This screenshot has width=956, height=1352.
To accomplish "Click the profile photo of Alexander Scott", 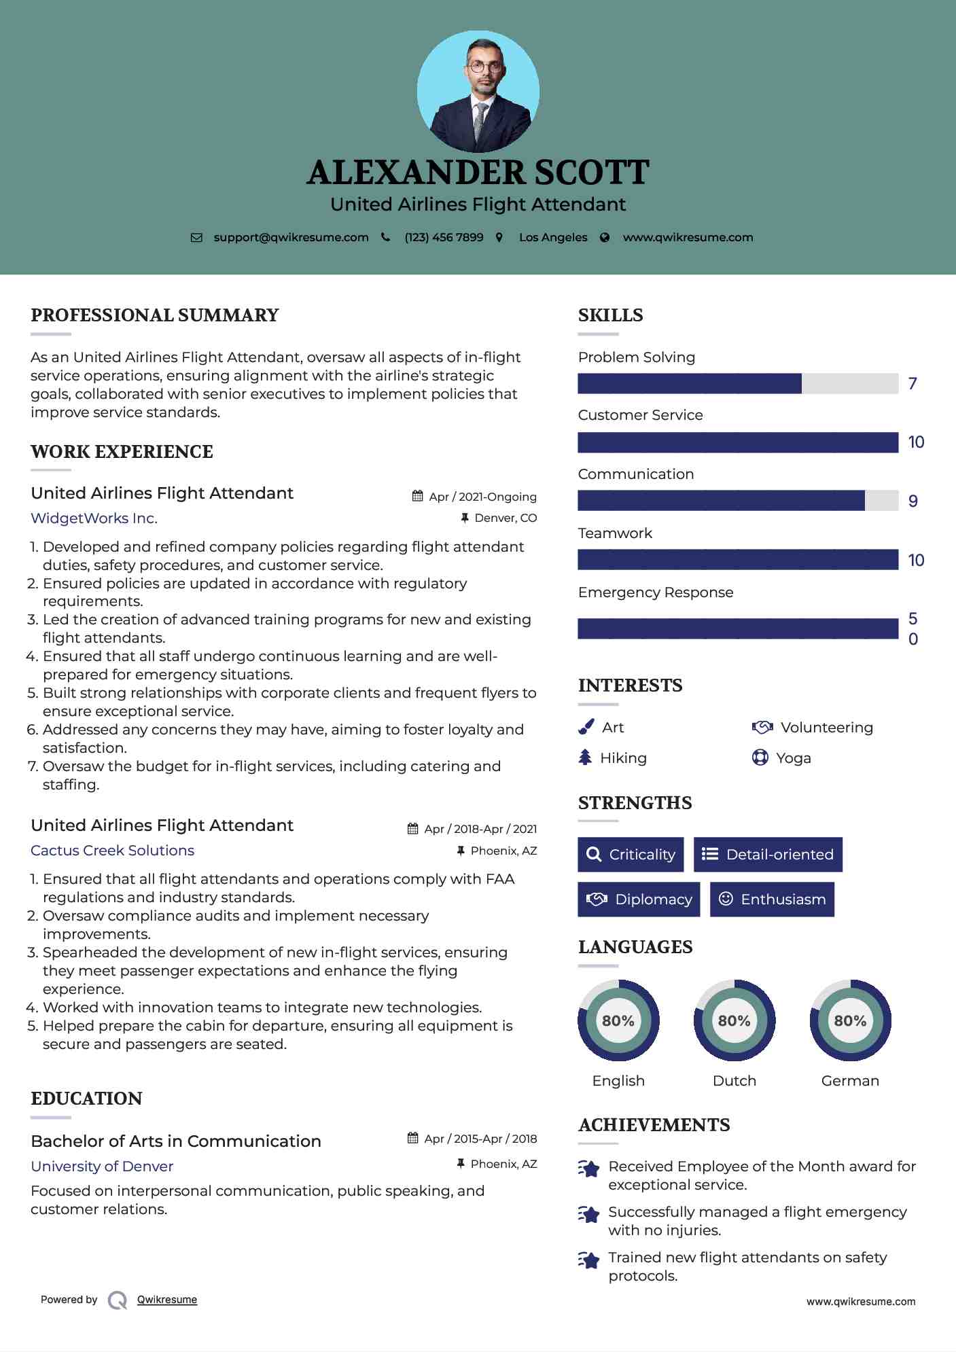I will click(x=478, y=92).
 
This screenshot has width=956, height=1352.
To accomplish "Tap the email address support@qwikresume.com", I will click(x=291, y=238).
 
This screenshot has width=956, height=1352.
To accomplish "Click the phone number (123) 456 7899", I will click(x=444, y=238).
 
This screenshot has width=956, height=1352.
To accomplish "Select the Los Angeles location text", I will click(x=553, y=238).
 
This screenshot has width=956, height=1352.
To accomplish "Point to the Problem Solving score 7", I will click(x=913, y=384).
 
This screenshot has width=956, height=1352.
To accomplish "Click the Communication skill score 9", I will click(x=913, y=501).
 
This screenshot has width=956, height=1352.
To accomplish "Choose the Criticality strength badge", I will click(x=631, y=855).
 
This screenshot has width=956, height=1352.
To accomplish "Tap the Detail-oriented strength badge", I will click(x=768, y=855).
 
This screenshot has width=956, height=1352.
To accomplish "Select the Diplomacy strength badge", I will click(x=639, y=900).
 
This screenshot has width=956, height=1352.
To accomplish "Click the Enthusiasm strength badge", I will click(x=772, y=900).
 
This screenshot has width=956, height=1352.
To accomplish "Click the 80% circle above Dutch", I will click(x=734, y=1020).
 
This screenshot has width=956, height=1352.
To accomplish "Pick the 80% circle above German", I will click(x=850, y=1020).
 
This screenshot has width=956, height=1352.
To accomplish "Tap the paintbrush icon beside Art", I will click(x=586, y=728).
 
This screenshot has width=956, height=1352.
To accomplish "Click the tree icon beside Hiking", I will click(x=585, y=758).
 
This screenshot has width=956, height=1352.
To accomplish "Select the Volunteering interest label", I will click(x=826, y=728).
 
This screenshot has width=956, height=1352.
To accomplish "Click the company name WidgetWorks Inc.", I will click(x=94, y=518).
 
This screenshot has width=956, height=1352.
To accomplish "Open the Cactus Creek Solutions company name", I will click(x=112, y=851).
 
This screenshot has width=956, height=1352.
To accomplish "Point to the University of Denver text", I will click(x=102, y=1167).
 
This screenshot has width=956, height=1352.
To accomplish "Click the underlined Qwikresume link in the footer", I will click(x=167, y=1300).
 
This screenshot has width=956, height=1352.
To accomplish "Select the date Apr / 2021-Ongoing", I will click(x=482, y=497).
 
